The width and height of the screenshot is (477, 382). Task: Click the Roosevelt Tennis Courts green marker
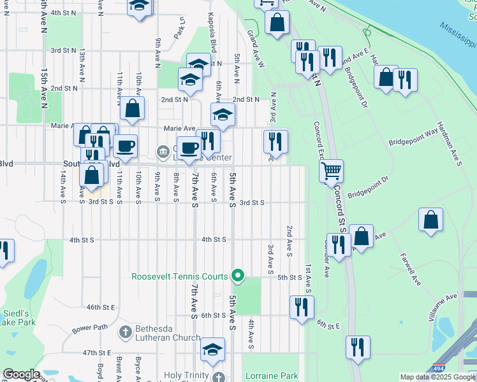pos(238,276)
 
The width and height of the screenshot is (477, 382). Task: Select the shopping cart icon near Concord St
pos(332,171)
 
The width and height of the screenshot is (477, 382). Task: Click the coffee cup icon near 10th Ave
pos(126,146)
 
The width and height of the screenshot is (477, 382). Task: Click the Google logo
pos(21,374)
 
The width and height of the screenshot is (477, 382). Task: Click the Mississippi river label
pos(458,35)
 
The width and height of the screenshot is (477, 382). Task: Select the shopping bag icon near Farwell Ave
pos(431,220)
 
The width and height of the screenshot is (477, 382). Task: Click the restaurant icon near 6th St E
pos(301,307)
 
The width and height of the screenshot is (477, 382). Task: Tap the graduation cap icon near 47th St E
pos(213,349)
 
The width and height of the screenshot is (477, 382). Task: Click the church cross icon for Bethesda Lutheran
pos(125,332)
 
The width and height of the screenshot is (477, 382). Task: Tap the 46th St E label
pos(100,307)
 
